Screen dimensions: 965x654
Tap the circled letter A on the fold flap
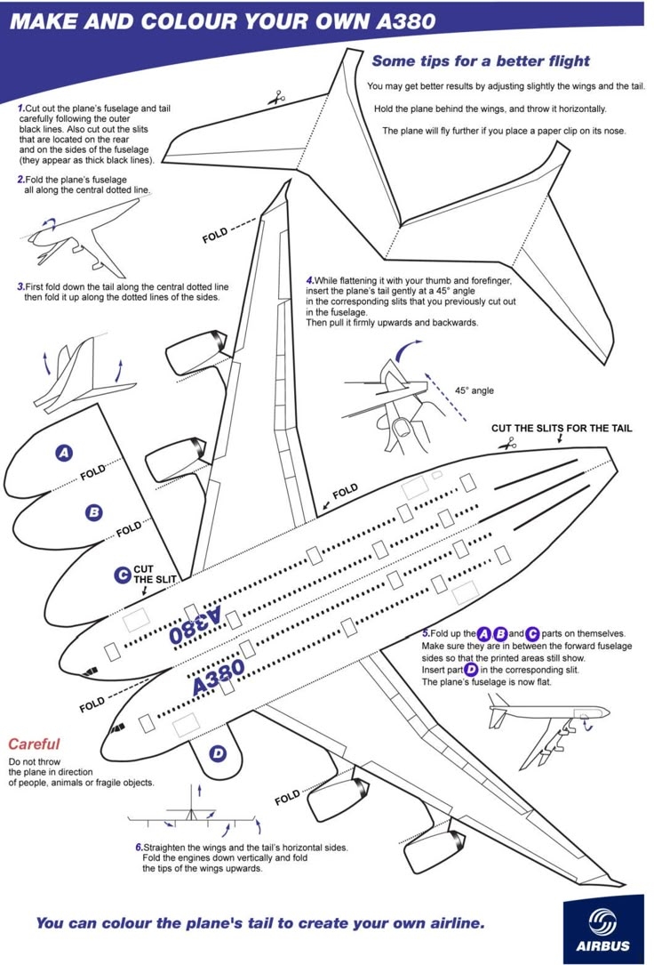64,453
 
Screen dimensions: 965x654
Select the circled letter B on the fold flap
93,512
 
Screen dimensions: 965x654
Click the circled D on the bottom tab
218,754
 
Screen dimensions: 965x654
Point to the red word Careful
34,744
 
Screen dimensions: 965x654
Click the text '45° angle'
475,390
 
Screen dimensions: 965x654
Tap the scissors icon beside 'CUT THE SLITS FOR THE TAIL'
507,443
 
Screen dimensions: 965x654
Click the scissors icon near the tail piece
277,97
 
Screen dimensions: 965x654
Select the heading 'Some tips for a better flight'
480,61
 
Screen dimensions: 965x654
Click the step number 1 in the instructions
20,109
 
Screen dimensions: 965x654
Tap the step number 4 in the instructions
309,281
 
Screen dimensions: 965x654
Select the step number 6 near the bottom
139,848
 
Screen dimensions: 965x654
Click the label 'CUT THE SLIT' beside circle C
156,574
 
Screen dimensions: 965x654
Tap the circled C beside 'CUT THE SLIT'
123,575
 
